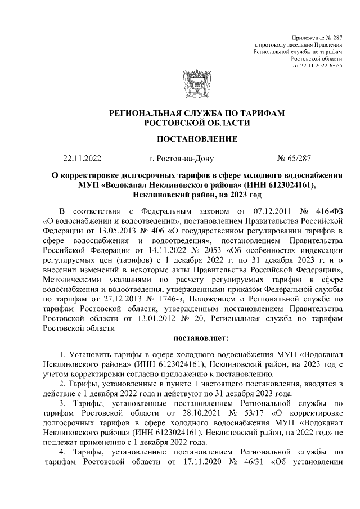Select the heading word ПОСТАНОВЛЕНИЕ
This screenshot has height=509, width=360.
[196, 138]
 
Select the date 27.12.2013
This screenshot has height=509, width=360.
[113, 303]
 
